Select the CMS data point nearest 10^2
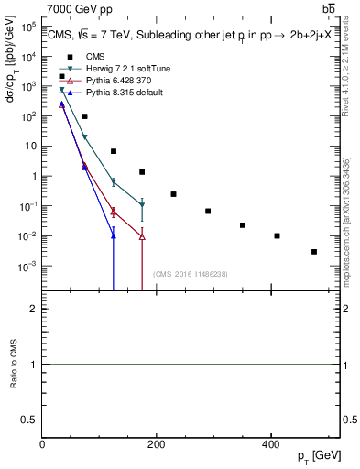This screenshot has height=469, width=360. pyautogui.click(x=84, y=116)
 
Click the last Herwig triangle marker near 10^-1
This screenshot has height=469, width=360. pyautogui.click(x=142, y=204)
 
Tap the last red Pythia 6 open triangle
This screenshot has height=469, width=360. pyautogui.click(x=142, y=236)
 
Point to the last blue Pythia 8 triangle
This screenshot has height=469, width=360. pyautogui.click(x=114, y=236)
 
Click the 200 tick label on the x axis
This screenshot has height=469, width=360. pyautogui.click(x=157, y=443)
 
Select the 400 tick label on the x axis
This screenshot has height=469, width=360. pyautogui.click(x=270, y=443)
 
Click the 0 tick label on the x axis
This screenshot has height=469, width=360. pyautogui.click(x=43, y=443)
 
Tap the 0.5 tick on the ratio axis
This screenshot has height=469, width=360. pyautogui.click(x=31, y=419)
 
